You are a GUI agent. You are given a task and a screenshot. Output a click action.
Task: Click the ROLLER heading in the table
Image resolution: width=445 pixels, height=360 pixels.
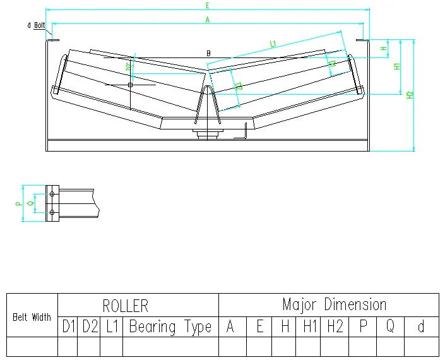pyautogui.click(x=125, y=306)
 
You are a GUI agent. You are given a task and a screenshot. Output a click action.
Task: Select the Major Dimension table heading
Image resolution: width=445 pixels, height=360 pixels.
pyautogui.click(x=334, y=304)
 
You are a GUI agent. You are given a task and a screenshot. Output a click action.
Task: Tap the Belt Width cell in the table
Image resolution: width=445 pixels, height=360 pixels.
pyautogui.click(x=32, y=316)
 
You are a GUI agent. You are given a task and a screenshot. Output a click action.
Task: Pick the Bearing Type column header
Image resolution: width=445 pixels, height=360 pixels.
pyautogui.click(x=170, y=327)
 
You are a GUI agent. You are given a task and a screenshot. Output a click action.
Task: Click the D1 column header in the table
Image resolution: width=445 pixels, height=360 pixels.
pyautogui.click(x=68, y=327)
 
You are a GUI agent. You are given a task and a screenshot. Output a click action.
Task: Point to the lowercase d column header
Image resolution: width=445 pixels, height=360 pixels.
pyautogui.click(x=421, y=327)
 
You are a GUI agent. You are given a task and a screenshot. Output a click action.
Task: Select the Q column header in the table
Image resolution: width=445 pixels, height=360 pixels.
pyautogui.click(x=390, y=327)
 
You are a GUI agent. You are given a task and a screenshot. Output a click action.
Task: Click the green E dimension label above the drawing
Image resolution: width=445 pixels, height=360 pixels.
pyautogui.click(x=207, y=5)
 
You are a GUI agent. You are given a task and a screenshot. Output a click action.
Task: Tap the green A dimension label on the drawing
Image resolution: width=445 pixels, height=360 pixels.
pyautogui.click(x=207, y=20)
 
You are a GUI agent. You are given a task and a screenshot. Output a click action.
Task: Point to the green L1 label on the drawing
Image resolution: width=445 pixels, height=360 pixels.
pyautogui.click(x=273, y=44)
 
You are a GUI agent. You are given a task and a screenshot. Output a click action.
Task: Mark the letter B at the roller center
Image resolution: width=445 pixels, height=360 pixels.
pyautogui.click(x=208, y=54)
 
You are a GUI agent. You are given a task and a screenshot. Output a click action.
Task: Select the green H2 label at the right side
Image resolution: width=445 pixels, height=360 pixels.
pyautogui.click(x=410, y=95)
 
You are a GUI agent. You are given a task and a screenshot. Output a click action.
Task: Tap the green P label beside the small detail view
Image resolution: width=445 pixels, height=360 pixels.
pyautogui.click(x=19, y=203)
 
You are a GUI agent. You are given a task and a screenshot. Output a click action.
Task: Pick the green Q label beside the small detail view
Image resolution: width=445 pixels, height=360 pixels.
pyautogui.click(x=31, y=203)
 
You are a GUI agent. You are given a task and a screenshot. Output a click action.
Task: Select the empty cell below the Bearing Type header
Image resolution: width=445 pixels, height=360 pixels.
pyautogui.click(x=170, y=346)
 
